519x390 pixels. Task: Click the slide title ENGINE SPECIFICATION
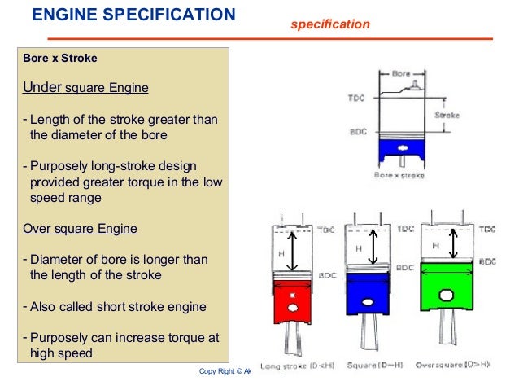[133, 15]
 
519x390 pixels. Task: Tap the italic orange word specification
[330, 25]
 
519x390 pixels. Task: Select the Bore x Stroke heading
[60, 59]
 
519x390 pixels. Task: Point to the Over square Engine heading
[80, 228]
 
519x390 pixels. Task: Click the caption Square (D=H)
[373, 366]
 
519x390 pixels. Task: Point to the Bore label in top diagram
[402, 72]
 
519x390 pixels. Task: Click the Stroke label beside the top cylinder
[447, 115]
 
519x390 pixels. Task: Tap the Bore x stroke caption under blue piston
[401, 174]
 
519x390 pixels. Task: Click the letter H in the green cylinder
[436, 244]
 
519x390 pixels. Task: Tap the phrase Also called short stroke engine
[119, 307]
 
